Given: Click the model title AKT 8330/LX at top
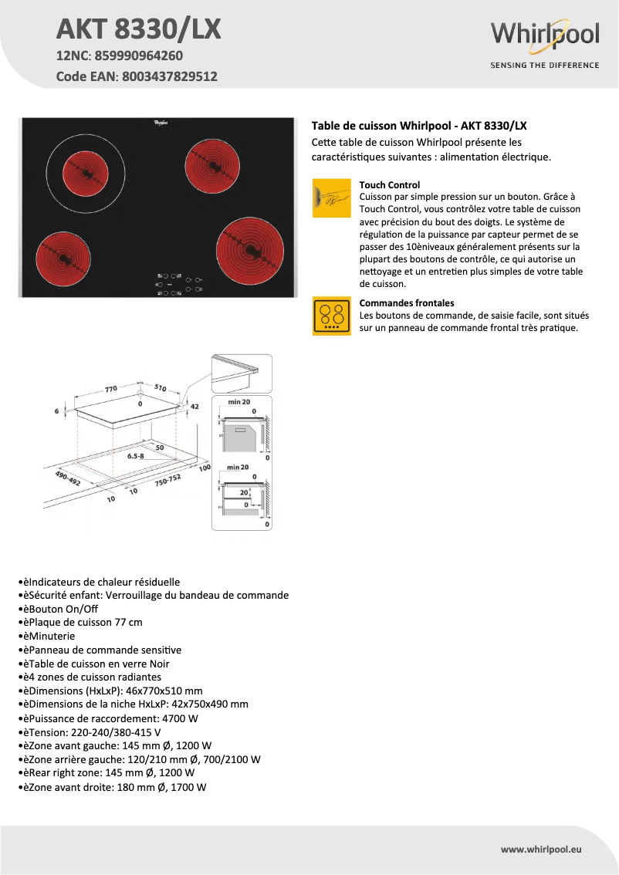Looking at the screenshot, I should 139,29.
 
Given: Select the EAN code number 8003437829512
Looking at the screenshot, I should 168,76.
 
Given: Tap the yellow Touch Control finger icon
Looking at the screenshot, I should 332,198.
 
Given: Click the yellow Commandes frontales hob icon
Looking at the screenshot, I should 332,316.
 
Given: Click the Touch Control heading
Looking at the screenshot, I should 390,185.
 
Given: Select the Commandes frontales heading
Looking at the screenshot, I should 407,303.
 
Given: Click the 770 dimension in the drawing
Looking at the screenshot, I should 111,389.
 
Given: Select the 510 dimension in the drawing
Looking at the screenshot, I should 161,389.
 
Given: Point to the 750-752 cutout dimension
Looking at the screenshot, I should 167,481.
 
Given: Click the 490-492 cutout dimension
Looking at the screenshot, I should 67,478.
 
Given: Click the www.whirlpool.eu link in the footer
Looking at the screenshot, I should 541,849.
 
